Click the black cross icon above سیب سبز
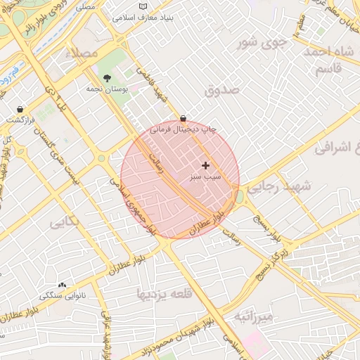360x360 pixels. point(205,165)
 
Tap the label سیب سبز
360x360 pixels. point(205,177)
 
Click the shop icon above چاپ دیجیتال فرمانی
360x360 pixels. point(184,119)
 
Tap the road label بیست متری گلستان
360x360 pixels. point(69,156)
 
